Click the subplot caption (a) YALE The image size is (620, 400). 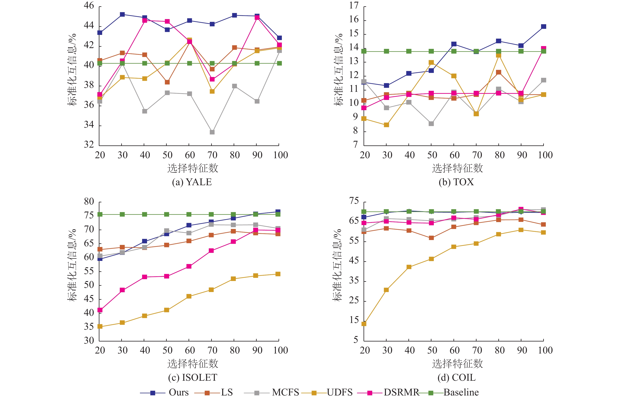point(192,182)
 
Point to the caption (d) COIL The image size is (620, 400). point(457,377)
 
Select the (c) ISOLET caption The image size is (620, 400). point(192,377)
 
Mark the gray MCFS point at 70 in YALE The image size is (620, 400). point(212,132)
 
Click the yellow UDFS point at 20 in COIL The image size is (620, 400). point(364,324)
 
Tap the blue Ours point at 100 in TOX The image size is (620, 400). point(543,26)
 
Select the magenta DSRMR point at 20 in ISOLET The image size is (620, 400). point(100,310)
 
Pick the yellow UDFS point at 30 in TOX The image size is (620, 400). point(386,125)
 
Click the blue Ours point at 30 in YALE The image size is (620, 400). point(122,14)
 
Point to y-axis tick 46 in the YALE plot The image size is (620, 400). point(89,6)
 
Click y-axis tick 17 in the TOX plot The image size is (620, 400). point(354,6)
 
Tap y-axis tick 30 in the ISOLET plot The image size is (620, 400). point(89,340)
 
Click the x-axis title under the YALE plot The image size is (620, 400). point(192,168)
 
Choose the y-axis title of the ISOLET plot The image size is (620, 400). point(72,265)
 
